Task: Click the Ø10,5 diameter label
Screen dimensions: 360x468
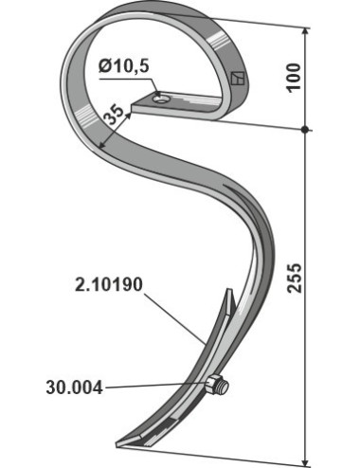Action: pyautogui.click(x=123, y=66)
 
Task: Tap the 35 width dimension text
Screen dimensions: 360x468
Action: pyautogui.click(x=114, y=116)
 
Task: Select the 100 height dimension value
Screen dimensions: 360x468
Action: pyautogui.click(x=294, y=78)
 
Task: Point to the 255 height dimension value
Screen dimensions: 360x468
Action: pyautogui.click(x=295, y=277)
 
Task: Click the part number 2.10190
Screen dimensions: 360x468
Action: pyautogui.click(x=109, y=284)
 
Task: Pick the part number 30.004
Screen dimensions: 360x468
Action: pyautogui.click(x=75, y=387)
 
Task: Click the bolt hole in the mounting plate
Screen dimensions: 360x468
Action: pyautogui.click(x=161, y=99)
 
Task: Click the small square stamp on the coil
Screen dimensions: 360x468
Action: pyautogui.click(x=237, y=78)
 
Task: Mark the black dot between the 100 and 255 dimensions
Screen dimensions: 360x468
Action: pyautogui.click(x=305, y=130)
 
